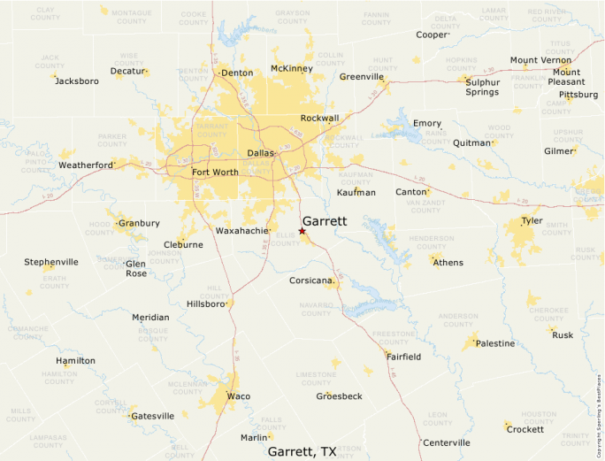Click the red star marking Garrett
pos(302,231)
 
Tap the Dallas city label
pos(260,153)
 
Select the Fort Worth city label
pos(214,172)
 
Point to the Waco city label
pos(238,396)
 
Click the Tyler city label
pos(532,220)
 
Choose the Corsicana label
pos(311,280)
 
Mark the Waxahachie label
pos(241,231)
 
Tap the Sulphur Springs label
pos(482,86)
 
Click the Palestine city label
pos(494,343)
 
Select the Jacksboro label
pos(77,81)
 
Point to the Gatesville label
pos(152,416)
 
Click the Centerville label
pos(447,442)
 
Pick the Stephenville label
pos(51,262)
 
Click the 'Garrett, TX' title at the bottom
pos(302,451)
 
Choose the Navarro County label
pos(314,309)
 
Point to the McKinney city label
pos(292,68)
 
